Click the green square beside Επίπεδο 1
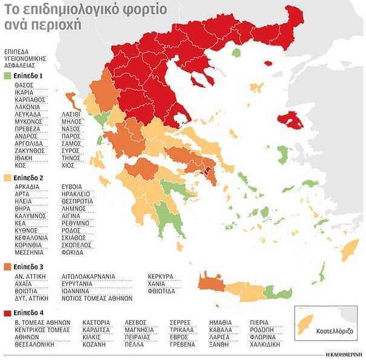[x=7, y=76]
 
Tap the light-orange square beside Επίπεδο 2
[x=7, y=178]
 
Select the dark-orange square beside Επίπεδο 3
[x=7, y=266]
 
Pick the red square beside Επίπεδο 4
[x=7, y=313]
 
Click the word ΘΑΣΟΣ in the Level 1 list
[x=24, y=85]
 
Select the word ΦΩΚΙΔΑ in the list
[x=73, y=252]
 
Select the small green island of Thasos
[x=237, y=53]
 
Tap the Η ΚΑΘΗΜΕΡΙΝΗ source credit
[x=344, y=353]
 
